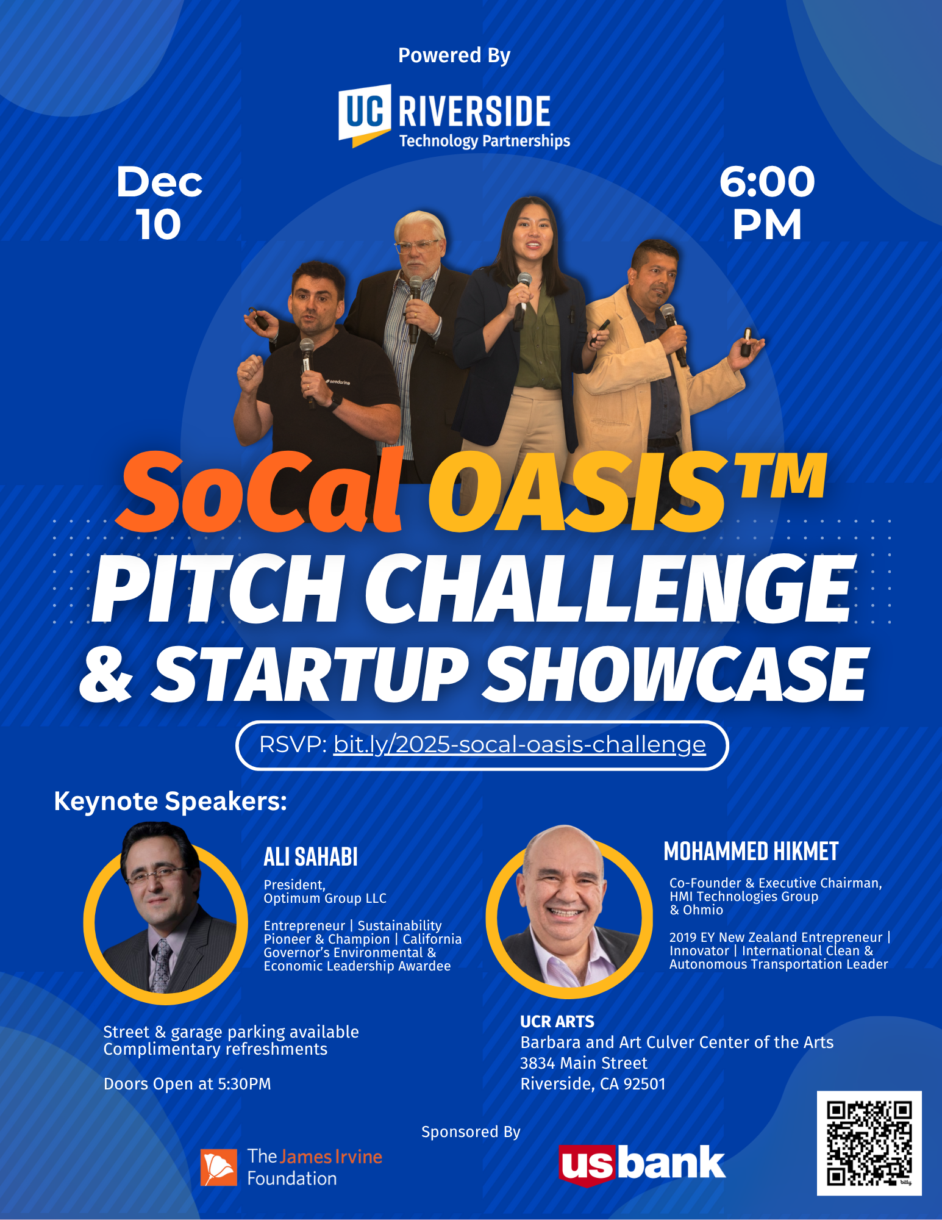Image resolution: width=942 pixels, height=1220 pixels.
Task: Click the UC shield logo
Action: click(x=365, y=115)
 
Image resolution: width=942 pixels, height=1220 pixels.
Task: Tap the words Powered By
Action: click(x=454, y=56)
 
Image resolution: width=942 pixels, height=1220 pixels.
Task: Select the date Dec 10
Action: click(x=159, y=203)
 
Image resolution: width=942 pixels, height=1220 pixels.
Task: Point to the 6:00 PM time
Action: click(x=767, y=203)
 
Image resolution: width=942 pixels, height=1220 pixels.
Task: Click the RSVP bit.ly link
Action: click(x=519, y=745)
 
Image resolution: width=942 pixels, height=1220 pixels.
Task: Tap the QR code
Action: click(x=869, y=1143)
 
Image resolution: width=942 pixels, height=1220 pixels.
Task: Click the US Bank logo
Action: click(x=642, y=1164)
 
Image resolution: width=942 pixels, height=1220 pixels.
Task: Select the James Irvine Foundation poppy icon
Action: click(x=219, y=1168)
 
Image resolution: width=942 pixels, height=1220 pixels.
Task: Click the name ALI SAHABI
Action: click(x=310, y=857)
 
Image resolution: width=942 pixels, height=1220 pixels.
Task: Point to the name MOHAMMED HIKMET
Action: click(x=751, y=852)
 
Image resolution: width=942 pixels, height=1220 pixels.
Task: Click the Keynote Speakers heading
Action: click(x=171, y=801)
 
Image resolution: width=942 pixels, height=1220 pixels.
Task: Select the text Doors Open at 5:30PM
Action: click(x=187, y=1084)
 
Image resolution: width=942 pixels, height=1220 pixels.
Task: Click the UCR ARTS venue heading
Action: click(x=557, y=1022)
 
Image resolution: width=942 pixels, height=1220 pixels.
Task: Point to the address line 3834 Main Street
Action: click(x=583, y=1063)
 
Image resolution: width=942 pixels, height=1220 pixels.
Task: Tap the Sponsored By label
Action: click(x=471, y=1132)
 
